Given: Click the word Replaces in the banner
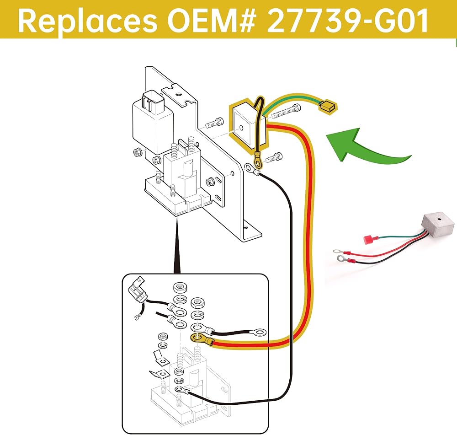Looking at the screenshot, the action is pyautogui.click(x=87, y=21).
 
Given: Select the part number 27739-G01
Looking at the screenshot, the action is pyautogui.click(x=347, y=21).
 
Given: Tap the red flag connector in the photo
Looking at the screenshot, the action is pyautogui.click(x=369, y=240).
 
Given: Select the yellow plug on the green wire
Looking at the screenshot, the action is pyautogui.click(x=328, y=107).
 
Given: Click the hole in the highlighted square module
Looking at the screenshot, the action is pyautogui.click(x=240, y=128).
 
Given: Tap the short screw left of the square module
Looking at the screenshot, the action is pyautogui.click(x=214, y=124).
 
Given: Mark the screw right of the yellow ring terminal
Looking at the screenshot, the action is pyautogui.click(x=274, y=157).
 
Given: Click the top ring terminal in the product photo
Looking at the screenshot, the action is pyautogui.click(x=338, y=251).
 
